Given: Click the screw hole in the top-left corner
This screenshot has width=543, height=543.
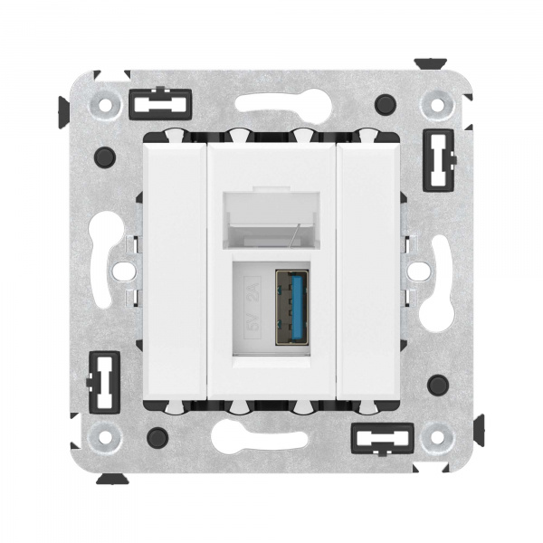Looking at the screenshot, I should coord(105,104).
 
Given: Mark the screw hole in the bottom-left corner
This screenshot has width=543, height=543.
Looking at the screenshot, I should coord(105,437).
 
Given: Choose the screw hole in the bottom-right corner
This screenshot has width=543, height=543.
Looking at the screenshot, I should coord(438,437).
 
